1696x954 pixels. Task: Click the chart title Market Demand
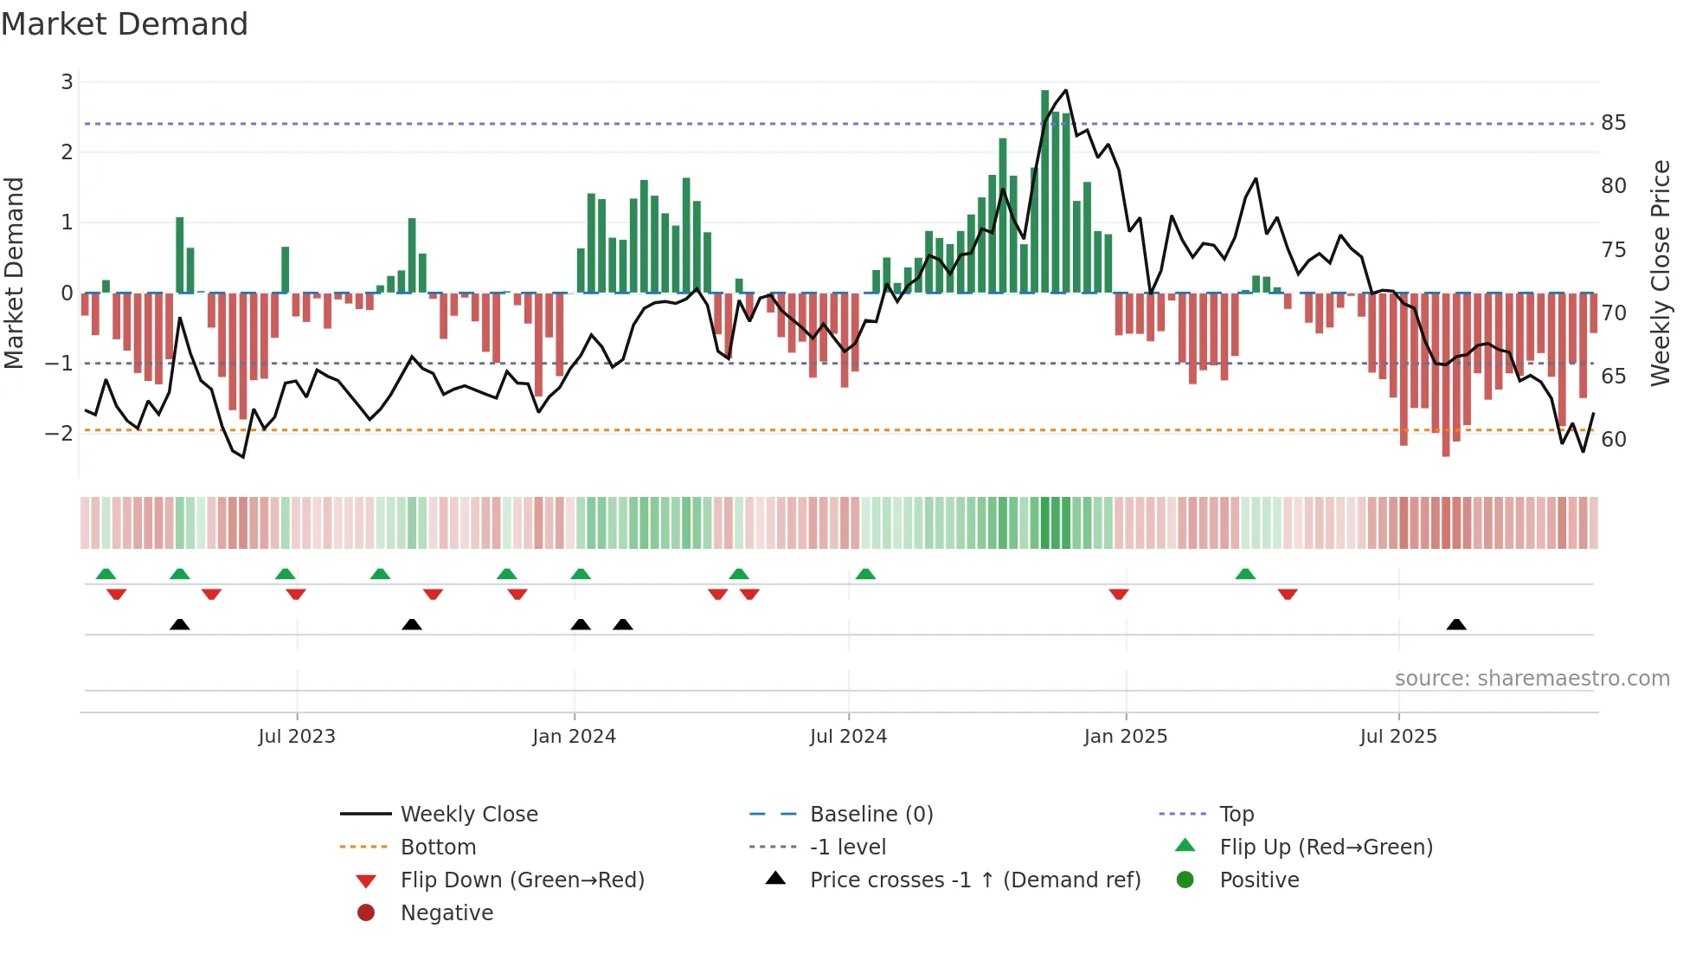(x=125, y=24)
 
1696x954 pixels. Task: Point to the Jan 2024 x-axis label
(x=574, y=737)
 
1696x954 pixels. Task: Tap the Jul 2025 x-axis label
(x=1397, y=737)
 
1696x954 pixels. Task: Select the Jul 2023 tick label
(x=296, y=737)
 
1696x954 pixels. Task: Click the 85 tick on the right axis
(x=1613, y=123)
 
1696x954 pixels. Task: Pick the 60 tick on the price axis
(x=1613, y=440)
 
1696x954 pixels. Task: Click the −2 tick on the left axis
(x=60, y=433)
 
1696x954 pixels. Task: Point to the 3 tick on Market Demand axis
(x=67, y=82)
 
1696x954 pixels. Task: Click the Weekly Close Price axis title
(x=1660, y=273)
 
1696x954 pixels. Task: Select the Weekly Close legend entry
(x=468, y=815)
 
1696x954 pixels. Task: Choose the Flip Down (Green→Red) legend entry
(x=522, y=880)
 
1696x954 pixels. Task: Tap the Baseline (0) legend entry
(x=870, y=815)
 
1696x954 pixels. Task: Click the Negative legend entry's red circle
(x=366, y=913)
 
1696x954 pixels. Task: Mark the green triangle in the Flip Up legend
(x=1185, y=846)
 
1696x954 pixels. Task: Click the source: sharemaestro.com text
(x=1532, y=679)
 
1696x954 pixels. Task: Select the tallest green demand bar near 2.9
(x=1044, y=190)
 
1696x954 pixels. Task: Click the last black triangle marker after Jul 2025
(x=1456, y=625)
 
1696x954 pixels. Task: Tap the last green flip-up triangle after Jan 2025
(x=1245, y=574)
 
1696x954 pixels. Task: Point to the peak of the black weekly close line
(x=1065, y=90)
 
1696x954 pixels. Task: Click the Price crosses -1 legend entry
(x=974, y=880)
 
